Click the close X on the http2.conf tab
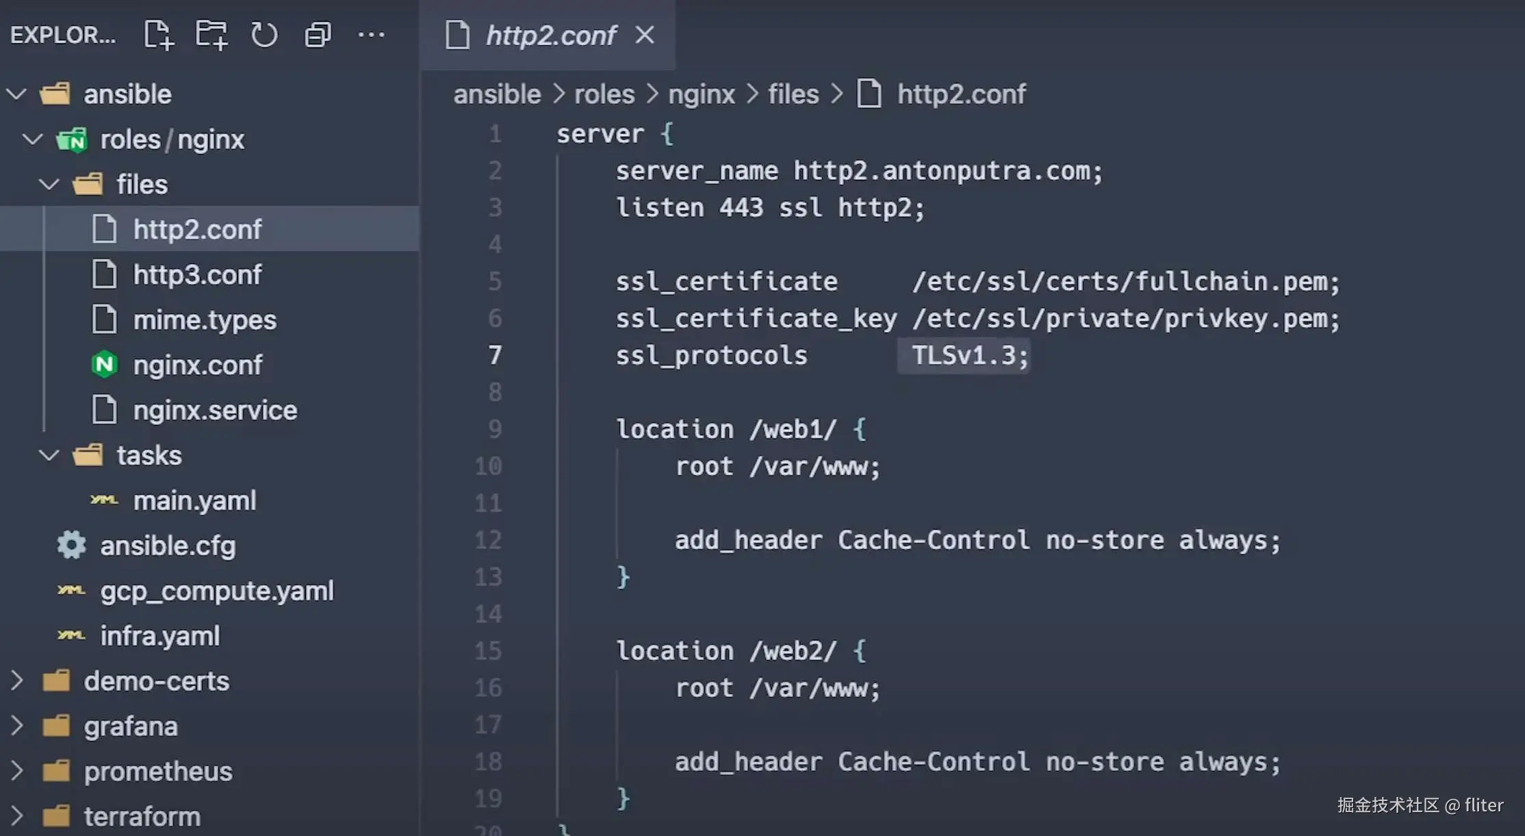pos(645,35)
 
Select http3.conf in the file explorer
pos(197,275)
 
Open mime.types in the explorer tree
pos(205,320)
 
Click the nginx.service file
pos(215,410)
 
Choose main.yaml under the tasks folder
pos(194,501)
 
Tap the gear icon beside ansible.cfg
pos(71,545)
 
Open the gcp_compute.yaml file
pos(216,591)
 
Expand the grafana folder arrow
pos(17,726)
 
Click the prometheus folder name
pos(158,772)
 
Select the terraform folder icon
pos(56,816)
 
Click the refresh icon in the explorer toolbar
pos(264,35)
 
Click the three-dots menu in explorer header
pos(371,35)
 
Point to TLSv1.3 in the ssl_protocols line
pos(963,356)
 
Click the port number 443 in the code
pos(741,208)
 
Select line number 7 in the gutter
pos(495,355)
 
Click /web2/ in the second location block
pos(793,651)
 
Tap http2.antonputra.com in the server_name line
pos(947,171)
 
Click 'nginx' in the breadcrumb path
pos(701,94)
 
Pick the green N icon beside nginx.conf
pos(105,365)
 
